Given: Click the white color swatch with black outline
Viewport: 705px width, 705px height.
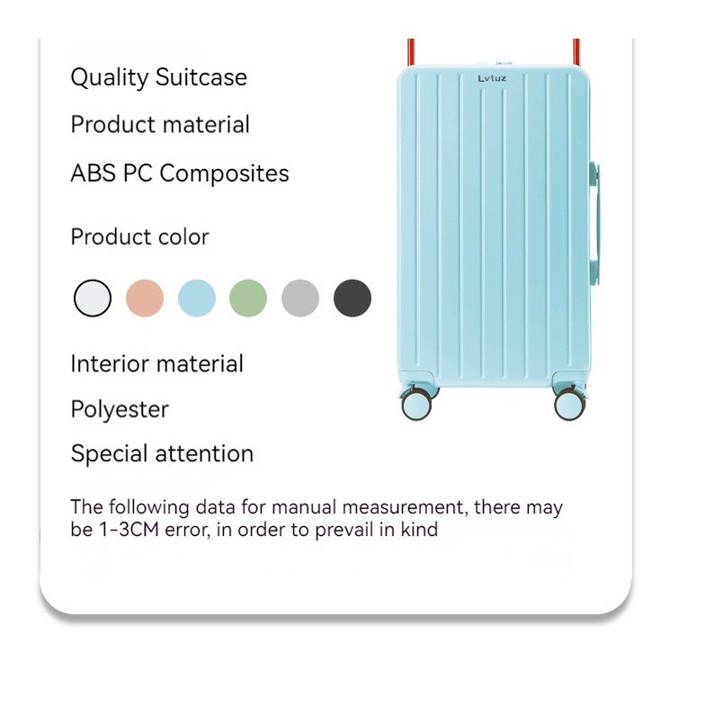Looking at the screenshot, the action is click(x=93, y=299).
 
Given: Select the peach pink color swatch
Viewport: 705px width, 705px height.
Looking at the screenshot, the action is click(x=145, y=299).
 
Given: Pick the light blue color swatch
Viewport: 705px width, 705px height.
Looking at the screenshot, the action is click(x=197, y=299).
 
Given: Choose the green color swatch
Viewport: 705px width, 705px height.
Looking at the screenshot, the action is click(x=248, y=299).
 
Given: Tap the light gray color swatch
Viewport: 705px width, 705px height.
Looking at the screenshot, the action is click(x=300, y=299).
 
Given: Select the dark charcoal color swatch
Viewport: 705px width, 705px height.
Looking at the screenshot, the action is click(x=352, y=299).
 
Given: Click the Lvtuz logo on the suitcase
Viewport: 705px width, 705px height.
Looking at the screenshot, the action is click(x=492, y=79).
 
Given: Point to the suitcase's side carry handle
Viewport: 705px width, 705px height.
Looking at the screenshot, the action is click(x=595, y=224).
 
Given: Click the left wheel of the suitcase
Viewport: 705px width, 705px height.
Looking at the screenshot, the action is click(x=416, y=405).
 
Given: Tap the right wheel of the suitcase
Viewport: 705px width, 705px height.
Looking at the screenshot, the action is click(x=570, y=405).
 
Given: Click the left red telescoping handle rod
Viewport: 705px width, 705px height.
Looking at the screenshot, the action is click(x=411, y=52).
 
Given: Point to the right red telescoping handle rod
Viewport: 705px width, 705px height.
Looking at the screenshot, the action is click(x=576, y=52).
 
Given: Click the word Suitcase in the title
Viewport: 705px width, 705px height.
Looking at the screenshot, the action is click(x=201, y=77).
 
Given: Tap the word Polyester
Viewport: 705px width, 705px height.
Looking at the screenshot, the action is click(x=120, y=410).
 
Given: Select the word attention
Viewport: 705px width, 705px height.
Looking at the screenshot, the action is click(x=204, y=453).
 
